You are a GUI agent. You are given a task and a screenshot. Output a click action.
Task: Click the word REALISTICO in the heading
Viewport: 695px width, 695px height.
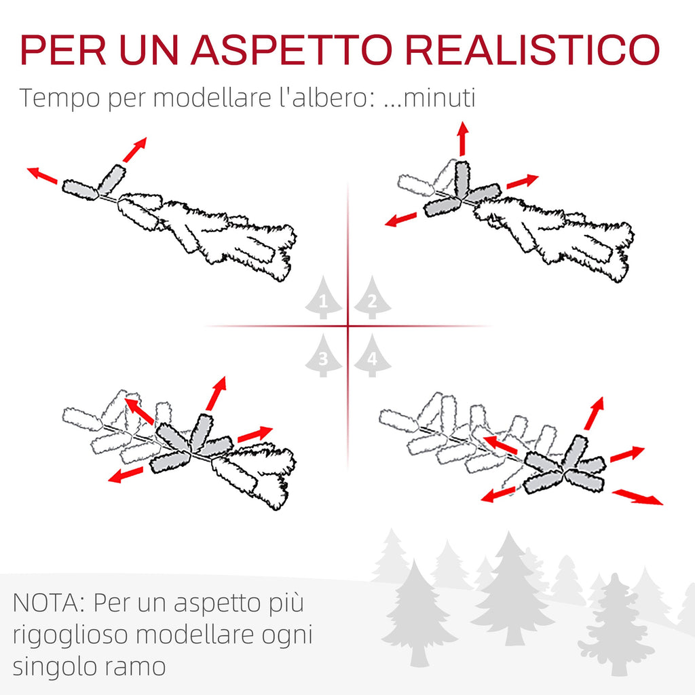point(532,49)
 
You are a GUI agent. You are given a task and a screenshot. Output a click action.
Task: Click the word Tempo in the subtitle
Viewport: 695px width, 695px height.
point(60,98)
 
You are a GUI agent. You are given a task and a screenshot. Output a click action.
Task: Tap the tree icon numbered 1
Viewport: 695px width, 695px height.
point(324,297)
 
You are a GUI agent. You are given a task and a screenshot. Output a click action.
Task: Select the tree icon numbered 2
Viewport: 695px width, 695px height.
point(373,297)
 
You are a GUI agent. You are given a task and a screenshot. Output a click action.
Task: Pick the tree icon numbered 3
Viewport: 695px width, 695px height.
point(324,356)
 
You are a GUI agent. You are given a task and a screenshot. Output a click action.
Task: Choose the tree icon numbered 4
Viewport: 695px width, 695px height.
point(373,356)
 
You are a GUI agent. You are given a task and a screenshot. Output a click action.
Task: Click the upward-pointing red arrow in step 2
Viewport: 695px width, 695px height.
point(463,138)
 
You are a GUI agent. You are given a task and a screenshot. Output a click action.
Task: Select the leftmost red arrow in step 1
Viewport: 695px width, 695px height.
point(42,175)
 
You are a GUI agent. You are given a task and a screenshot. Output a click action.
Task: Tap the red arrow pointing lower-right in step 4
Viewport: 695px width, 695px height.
point(637,497)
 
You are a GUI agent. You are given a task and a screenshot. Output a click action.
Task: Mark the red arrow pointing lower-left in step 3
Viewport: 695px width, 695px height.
point(126,474)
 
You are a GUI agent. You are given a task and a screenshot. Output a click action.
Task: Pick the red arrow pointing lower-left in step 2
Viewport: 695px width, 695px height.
point(400,219)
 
